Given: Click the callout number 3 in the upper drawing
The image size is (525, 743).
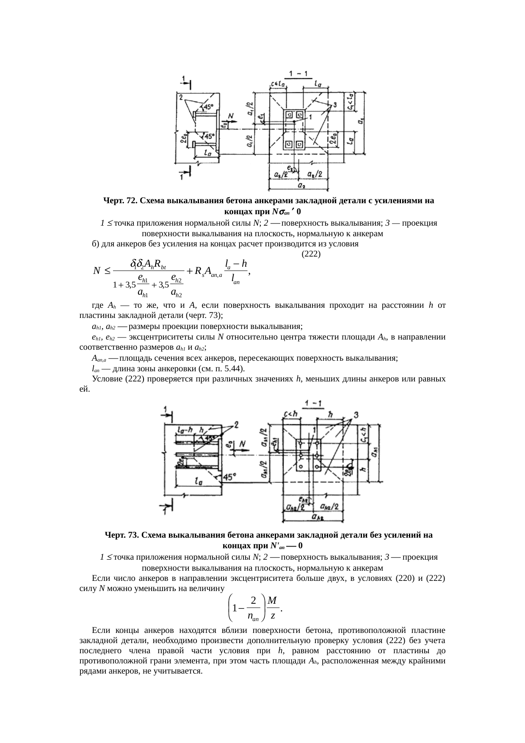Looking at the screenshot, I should [334, 104].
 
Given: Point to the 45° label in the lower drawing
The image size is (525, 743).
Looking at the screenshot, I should [229, 477].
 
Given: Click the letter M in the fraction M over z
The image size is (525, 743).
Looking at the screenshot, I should [273, 600].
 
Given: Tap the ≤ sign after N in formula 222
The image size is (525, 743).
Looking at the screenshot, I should [108, 270].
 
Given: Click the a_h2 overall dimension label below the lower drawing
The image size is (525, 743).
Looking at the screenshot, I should [317, 517].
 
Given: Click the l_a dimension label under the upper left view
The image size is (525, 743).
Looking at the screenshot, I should [207, 154].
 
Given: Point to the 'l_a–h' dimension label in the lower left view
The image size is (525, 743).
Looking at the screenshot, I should [185, 429].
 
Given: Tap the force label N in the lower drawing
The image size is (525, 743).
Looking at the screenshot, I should [243, 443].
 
